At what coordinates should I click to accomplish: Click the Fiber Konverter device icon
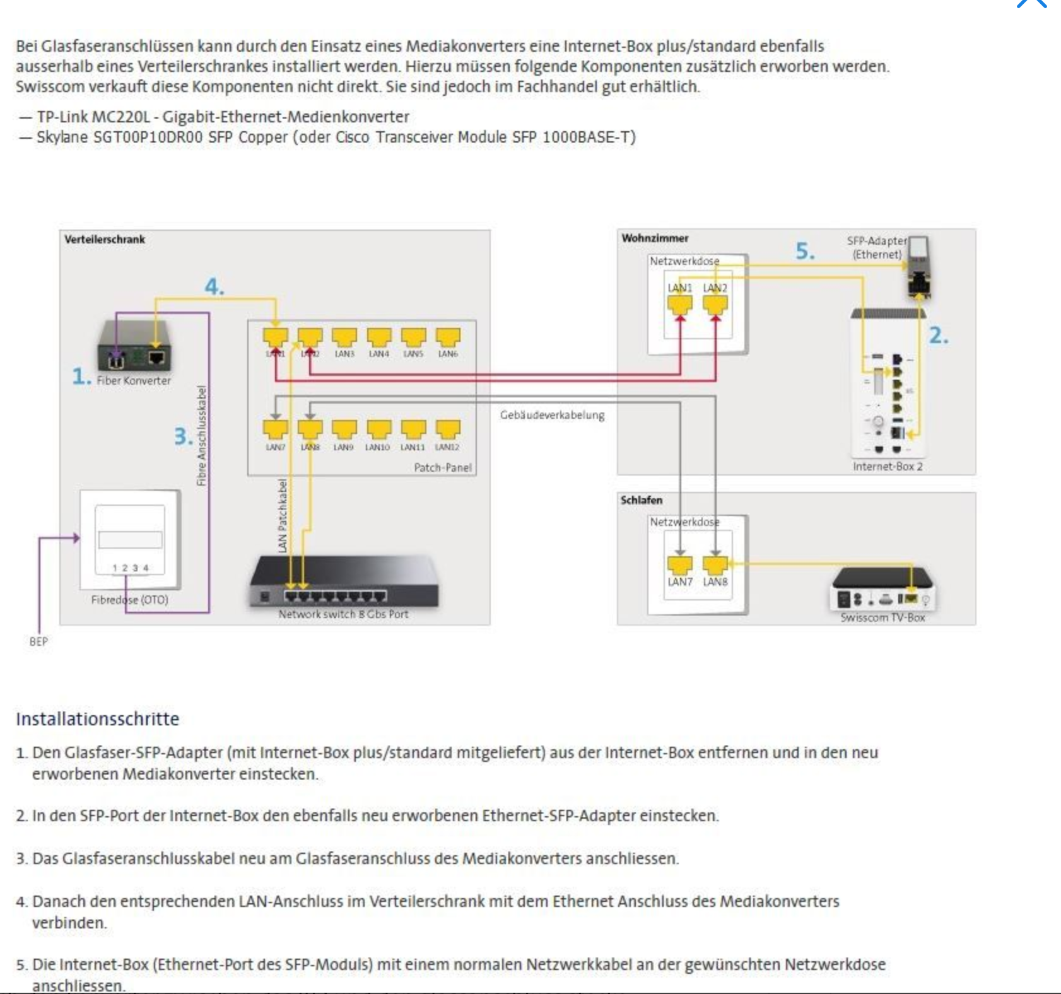[134, 346]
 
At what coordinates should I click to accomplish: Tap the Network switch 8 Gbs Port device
[343, 583]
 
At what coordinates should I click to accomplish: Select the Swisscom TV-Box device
[882, 589]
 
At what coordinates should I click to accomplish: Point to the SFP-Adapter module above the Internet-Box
[918, 267]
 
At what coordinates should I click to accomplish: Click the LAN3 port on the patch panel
[344, 337]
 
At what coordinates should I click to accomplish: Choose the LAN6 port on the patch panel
[448, 337]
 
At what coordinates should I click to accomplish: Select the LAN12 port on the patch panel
[447, 430]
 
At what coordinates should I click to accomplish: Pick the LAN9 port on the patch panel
[344, 430]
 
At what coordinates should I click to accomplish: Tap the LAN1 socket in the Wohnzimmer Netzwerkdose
[680, 305]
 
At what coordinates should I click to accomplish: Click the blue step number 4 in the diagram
[214, 287]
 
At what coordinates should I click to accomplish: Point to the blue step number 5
[805, 251]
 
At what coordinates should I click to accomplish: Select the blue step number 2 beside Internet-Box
[939, 336]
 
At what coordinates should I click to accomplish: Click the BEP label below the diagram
[38, 641]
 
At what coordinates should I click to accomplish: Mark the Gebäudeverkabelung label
[552, 415]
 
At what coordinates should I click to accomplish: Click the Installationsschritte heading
[98, 719]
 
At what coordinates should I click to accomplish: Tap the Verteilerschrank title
[105, 240]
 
